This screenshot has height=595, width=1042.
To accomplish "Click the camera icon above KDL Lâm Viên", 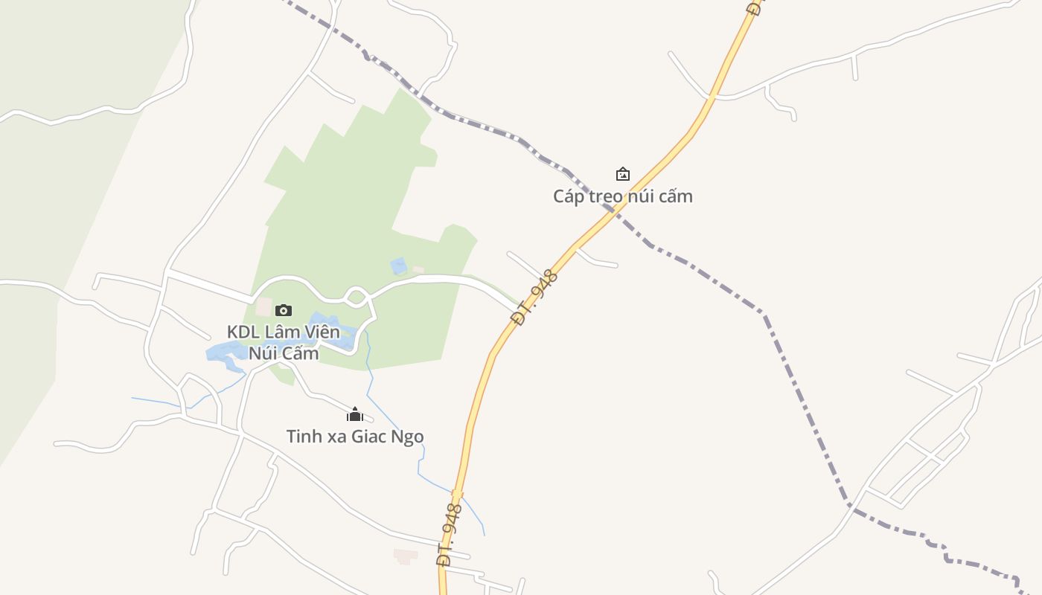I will click(x=284, y=310).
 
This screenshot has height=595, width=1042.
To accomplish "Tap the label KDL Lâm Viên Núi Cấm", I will click(x=284, y=342).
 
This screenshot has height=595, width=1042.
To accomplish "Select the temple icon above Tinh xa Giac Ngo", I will click(x=355, y=414).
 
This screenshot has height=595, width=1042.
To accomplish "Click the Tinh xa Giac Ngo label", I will click(x=355, y=436).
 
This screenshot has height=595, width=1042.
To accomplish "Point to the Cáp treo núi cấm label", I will click(x=622, y=196).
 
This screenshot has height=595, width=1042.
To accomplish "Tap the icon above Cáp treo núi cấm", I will click(x=622, y=174).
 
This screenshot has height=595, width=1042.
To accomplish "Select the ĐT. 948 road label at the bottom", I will click(x=450, y=534).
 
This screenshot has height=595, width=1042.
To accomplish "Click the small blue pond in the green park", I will click(x=399, y=266).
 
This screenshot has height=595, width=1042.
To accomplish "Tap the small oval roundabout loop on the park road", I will click(x=357, y=296).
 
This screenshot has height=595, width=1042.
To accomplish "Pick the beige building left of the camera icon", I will click(x=264, y=306).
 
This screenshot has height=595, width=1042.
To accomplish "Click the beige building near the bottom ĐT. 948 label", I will click(x=406, y=556).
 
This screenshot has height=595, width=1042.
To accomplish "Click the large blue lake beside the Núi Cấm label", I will click(x=223, y=353).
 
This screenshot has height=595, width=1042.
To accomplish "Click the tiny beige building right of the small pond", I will click(x=418, y=269).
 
